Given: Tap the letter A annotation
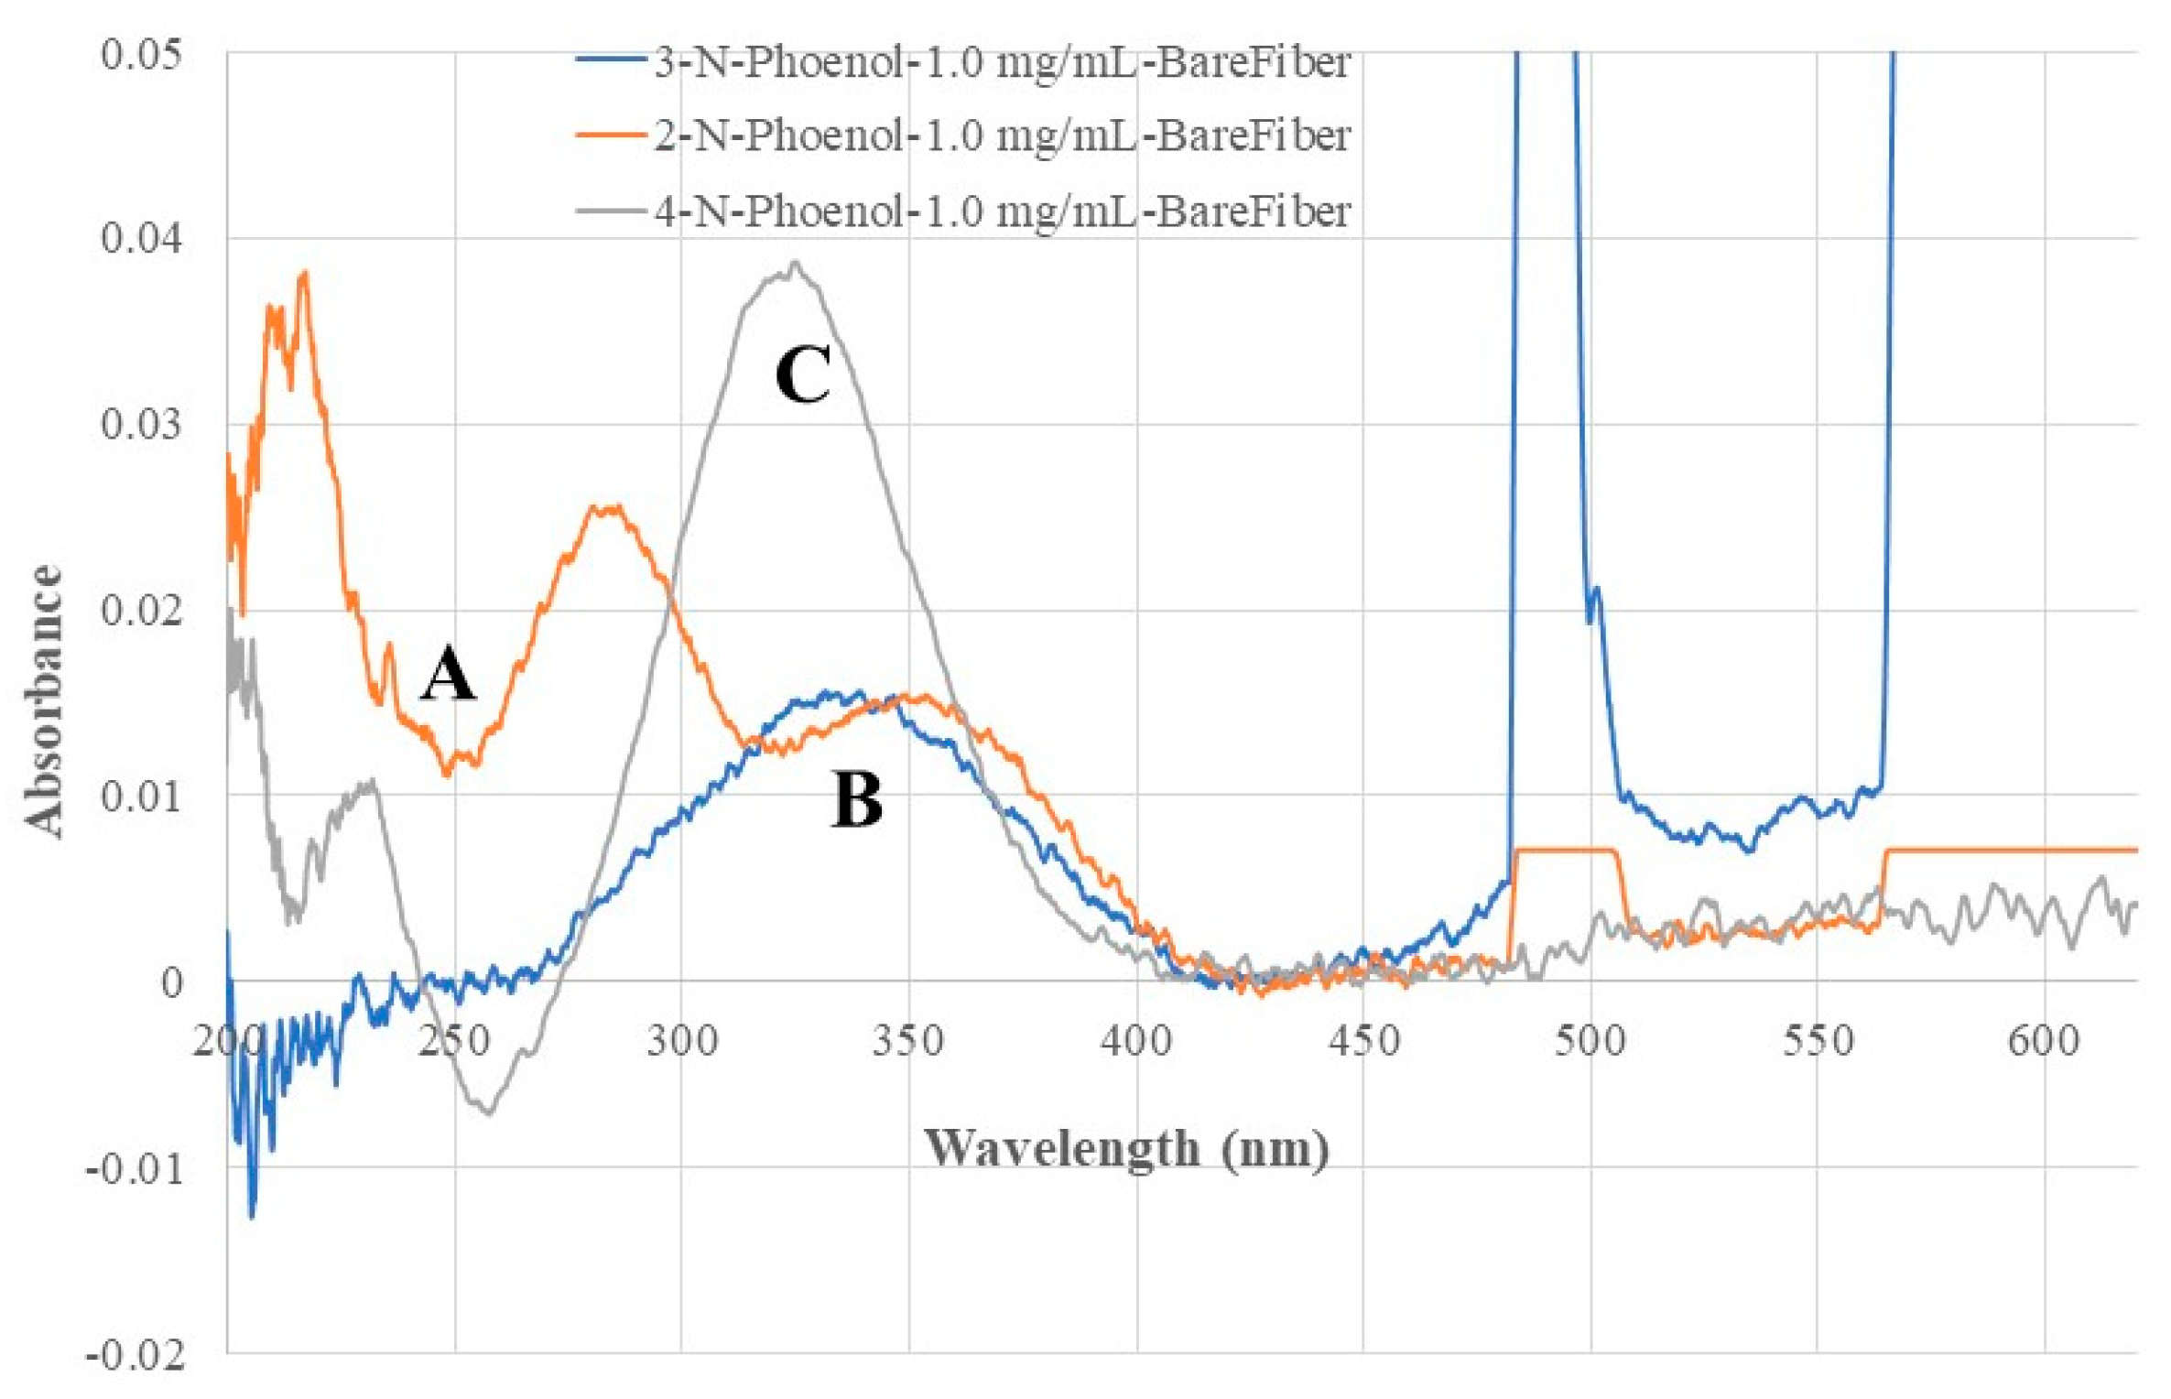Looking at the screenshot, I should click(448, 674).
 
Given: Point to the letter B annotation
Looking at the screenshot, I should click(857, 799).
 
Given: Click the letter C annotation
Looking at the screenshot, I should click(802, 374).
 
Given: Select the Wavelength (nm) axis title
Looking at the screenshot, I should click(1126, 1148).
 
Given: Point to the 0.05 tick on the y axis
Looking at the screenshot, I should click(141, 53).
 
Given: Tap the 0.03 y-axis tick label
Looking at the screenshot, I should click(141, 424).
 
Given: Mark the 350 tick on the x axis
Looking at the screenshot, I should click(907, 1041).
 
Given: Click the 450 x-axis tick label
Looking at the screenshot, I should click(1363, 1041).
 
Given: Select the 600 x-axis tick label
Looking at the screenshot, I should click(2044, 1041).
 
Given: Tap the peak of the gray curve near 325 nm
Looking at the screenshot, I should click(795, 263).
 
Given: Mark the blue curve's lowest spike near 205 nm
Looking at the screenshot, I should click(253, 1217).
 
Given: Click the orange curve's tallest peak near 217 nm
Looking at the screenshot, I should click(304, 272).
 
